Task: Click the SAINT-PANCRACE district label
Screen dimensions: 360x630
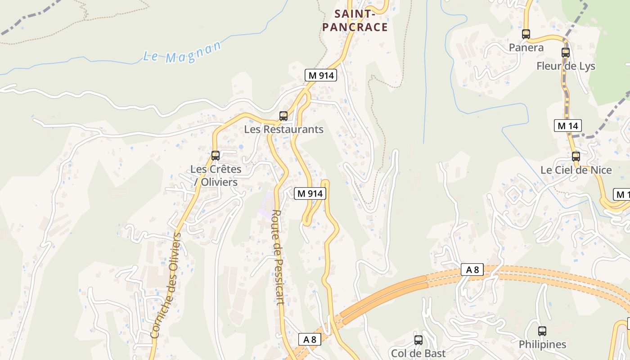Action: coord(355,21)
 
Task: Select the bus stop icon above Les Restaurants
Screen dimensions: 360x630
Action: coord(283,116)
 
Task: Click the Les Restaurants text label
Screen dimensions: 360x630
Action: coord(283,130)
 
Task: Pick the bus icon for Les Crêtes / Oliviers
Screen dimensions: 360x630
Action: coord(216,156)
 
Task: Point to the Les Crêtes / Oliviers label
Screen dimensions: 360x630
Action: coord(216,175)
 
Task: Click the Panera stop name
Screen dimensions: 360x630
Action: coord(526,48)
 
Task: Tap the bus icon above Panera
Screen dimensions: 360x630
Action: coord(526,34)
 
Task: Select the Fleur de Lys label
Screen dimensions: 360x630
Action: coord(566,66)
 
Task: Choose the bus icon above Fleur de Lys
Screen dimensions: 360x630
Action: coord(566,52)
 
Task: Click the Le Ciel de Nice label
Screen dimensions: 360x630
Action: coord(576,170)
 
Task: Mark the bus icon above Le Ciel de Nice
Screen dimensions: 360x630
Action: coord(576,157)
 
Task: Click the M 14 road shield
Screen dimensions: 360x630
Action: coord(567,126)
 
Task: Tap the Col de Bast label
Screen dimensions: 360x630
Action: coord(418,353)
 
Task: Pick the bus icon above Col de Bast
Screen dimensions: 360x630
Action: coord(418,340)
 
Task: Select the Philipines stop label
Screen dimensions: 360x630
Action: coord(542,345)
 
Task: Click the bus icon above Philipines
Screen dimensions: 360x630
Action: coord(542,331)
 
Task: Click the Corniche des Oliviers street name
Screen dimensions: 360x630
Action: coord(168,285)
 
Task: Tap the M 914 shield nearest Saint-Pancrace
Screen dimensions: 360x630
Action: coord(320,76)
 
